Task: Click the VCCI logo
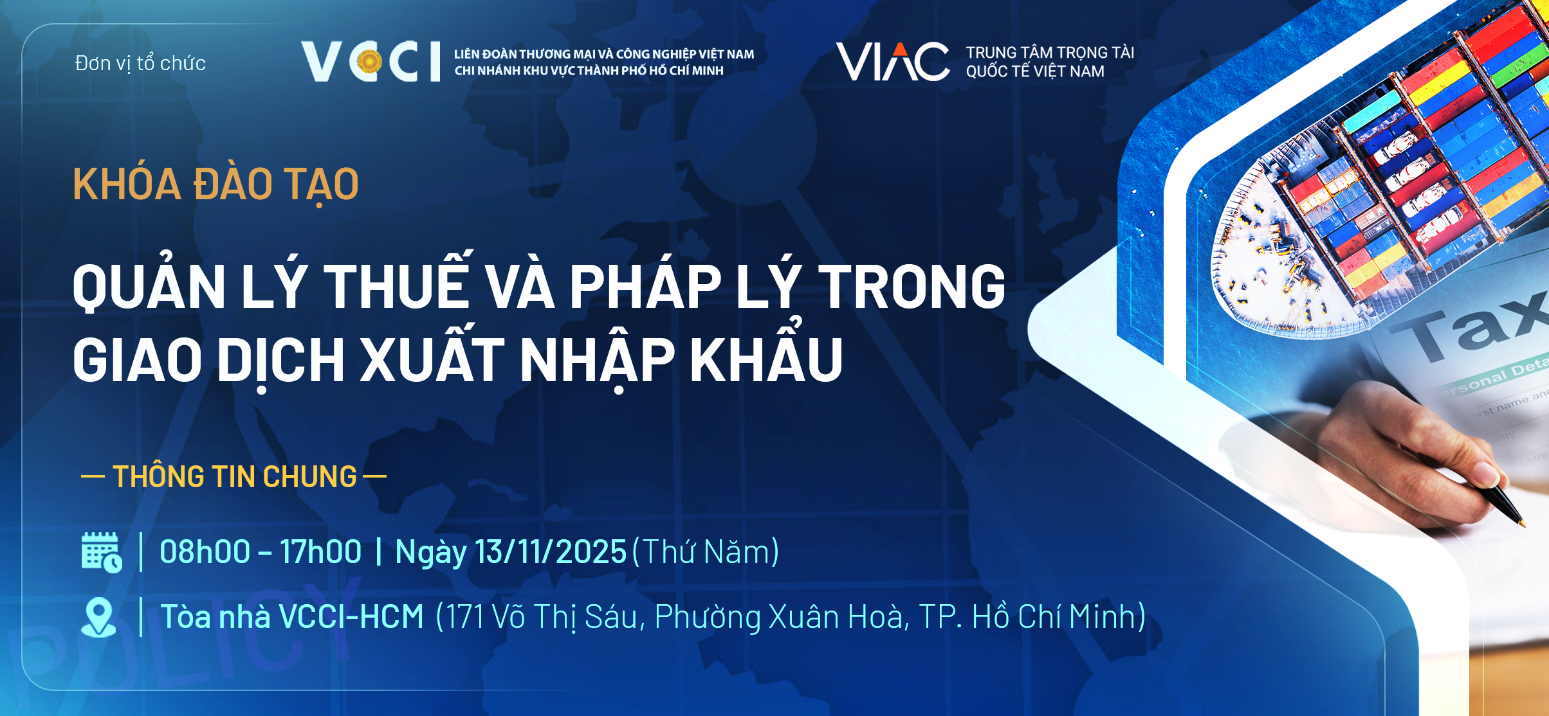tap(371, 62)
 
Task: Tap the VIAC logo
tap(892, 62)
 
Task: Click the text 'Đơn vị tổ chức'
tap(140, 63)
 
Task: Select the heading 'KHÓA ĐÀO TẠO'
tap(215, 184)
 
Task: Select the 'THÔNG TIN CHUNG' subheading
tap(234, 476)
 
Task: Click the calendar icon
tap(101, 552)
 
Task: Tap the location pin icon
tap(98, 618)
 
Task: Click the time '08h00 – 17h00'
tap(261, 551)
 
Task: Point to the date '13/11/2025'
tap(551, 551)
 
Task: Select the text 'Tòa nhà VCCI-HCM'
tap(292, 616)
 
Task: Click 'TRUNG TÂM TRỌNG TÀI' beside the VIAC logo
tap(1050, 52)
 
